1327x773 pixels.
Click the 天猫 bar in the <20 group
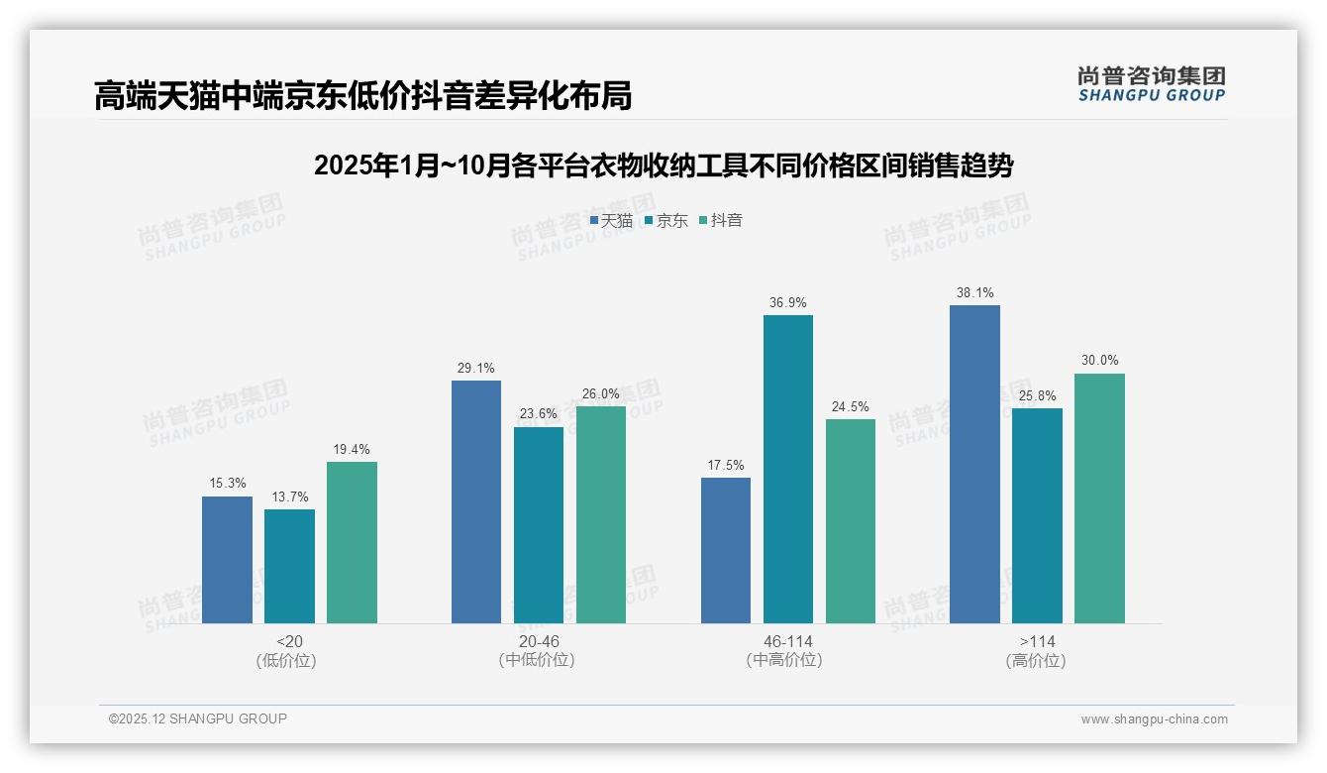pos(227,560)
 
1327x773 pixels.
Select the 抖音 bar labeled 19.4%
pos(352,542)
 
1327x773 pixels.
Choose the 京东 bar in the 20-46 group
pos(538,525)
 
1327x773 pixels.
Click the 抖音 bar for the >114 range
pos(1099,498)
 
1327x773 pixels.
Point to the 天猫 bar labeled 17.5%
pos(725,550)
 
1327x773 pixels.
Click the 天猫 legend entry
pos(611,220)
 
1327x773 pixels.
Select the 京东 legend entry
pos(666,220)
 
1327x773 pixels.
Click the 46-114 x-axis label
pos(787,641)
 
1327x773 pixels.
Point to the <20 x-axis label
pos(289,641)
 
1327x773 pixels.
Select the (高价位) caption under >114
pos(1036,661)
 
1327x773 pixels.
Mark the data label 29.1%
pos(475,369)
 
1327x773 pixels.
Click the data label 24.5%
pos(850,406)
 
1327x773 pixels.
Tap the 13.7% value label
pos(289,497)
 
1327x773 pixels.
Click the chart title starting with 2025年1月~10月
pos(663,166)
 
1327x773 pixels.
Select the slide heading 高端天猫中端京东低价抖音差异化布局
pos(362,96)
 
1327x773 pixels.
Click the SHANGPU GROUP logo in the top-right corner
pos(1151,83)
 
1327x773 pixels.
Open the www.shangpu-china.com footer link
pos(1154,719)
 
